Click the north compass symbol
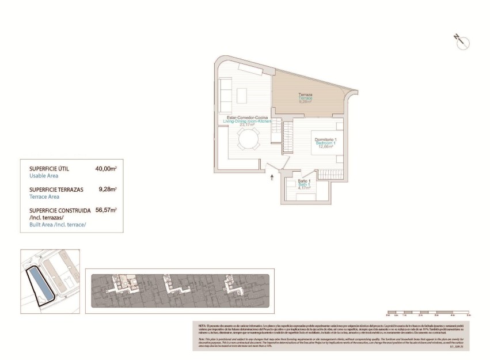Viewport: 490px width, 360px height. tap(462, 41)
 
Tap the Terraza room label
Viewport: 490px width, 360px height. tap(305, 94)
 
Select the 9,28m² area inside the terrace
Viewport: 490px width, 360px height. tap(305, 102)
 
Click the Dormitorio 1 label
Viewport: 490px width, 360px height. tap(326, 140)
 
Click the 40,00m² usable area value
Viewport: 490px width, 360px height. tap(106, 168)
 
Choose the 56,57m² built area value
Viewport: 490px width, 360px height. tap(106, 210)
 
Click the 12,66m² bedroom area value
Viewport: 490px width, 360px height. tap(326, 147)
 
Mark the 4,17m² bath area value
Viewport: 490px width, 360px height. tap(303, 188)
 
